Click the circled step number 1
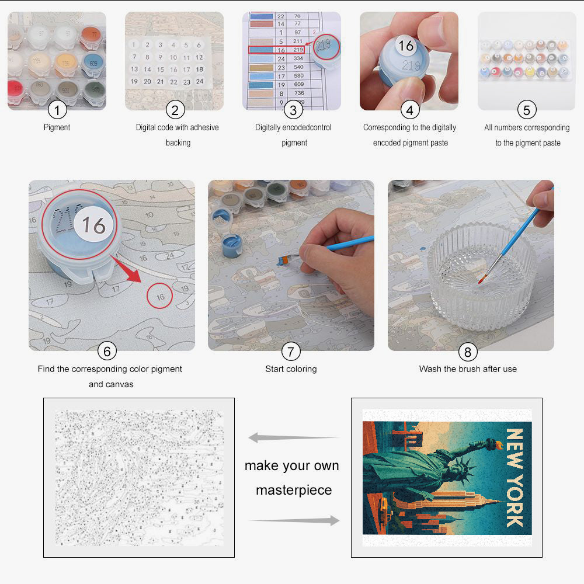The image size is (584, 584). pos(57,109)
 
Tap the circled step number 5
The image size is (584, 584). pos(527,109)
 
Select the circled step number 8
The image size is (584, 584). pos(467,351)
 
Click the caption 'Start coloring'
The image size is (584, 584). pos(291,369)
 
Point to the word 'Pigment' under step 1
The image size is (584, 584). pos(57,127)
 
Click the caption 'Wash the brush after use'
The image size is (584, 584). pos(468,369)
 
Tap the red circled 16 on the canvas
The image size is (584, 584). pos(160,296)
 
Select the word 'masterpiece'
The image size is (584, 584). pos(294,490)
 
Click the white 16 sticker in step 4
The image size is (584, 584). pos(406,46)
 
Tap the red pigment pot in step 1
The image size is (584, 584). pos(16,88)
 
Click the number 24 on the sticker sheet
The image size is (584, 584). pos(199,81)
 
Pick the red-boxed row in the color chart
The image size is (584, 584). pos(276,50)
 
